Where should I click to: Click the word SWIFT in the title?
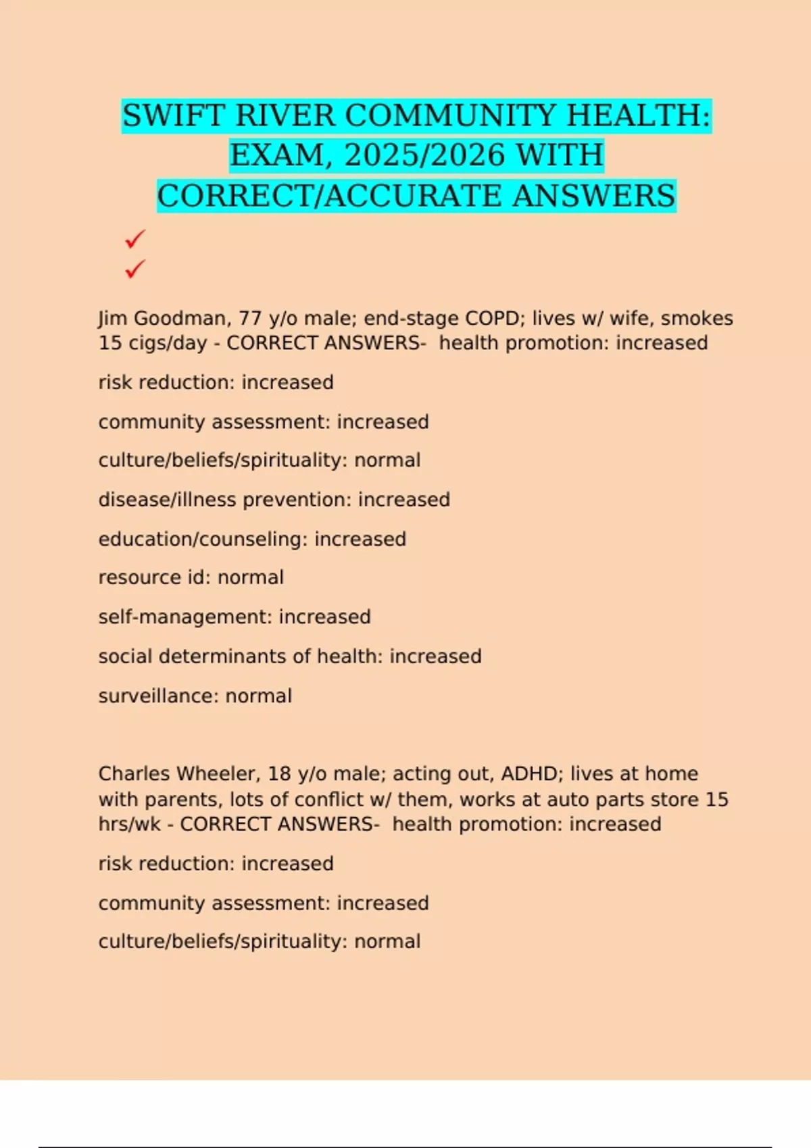[x=173, y=115]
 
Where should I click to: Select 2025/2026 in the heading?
[x=425, y=155]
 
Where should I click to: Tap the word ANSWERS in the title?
[x=594, y=196]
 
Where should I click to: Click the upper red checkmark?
[x=135, y=239]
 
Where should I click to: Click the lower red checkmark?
[x=135, y=269]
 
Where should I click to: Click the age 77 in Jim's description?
[x=250, y=318]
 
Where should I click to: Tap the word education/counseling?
[x=203, y=539]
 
